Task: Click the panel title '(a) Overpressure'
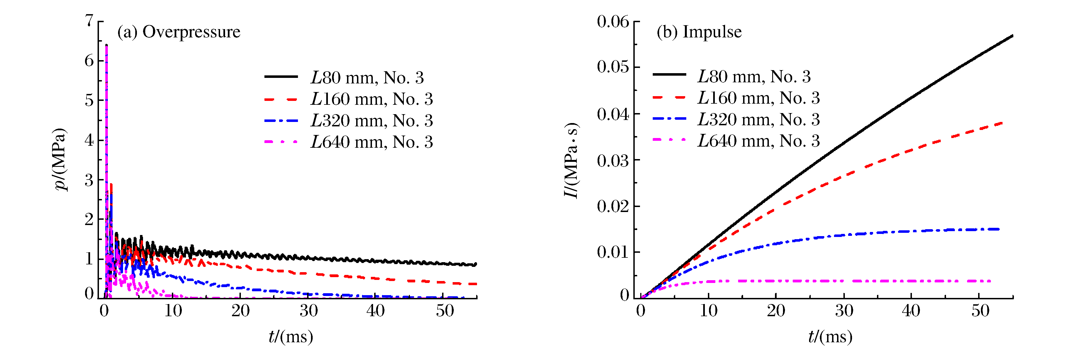tap(179, 32)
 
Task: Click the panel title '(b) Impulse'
tap(699, 32)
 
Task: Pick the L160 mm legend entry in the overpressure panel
tap(372, 99)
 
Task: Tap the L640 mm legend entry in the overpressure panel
tap(372, 142)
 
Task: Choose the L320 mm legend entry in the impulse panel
tap(759, 119)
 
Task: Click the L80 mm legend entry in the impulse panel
tap(754, 76)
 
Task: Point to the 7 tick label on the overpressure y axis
tap(89, 20)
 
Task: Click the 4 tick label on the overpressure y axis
tap(89, 140)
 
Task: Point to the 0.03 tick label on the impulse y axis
tap(613, 160)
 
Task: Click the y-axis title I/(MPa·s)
tap(572, 160)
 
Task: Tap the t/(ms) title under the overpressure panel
tap(291, 337)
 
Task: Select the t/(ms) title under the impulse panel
tap(830, 337)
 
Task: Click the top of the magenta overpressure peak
tap(106, 45)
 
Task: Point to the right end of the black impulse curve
tap(1012, 35)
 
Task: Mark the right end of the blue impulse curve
tap(999, 229)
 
